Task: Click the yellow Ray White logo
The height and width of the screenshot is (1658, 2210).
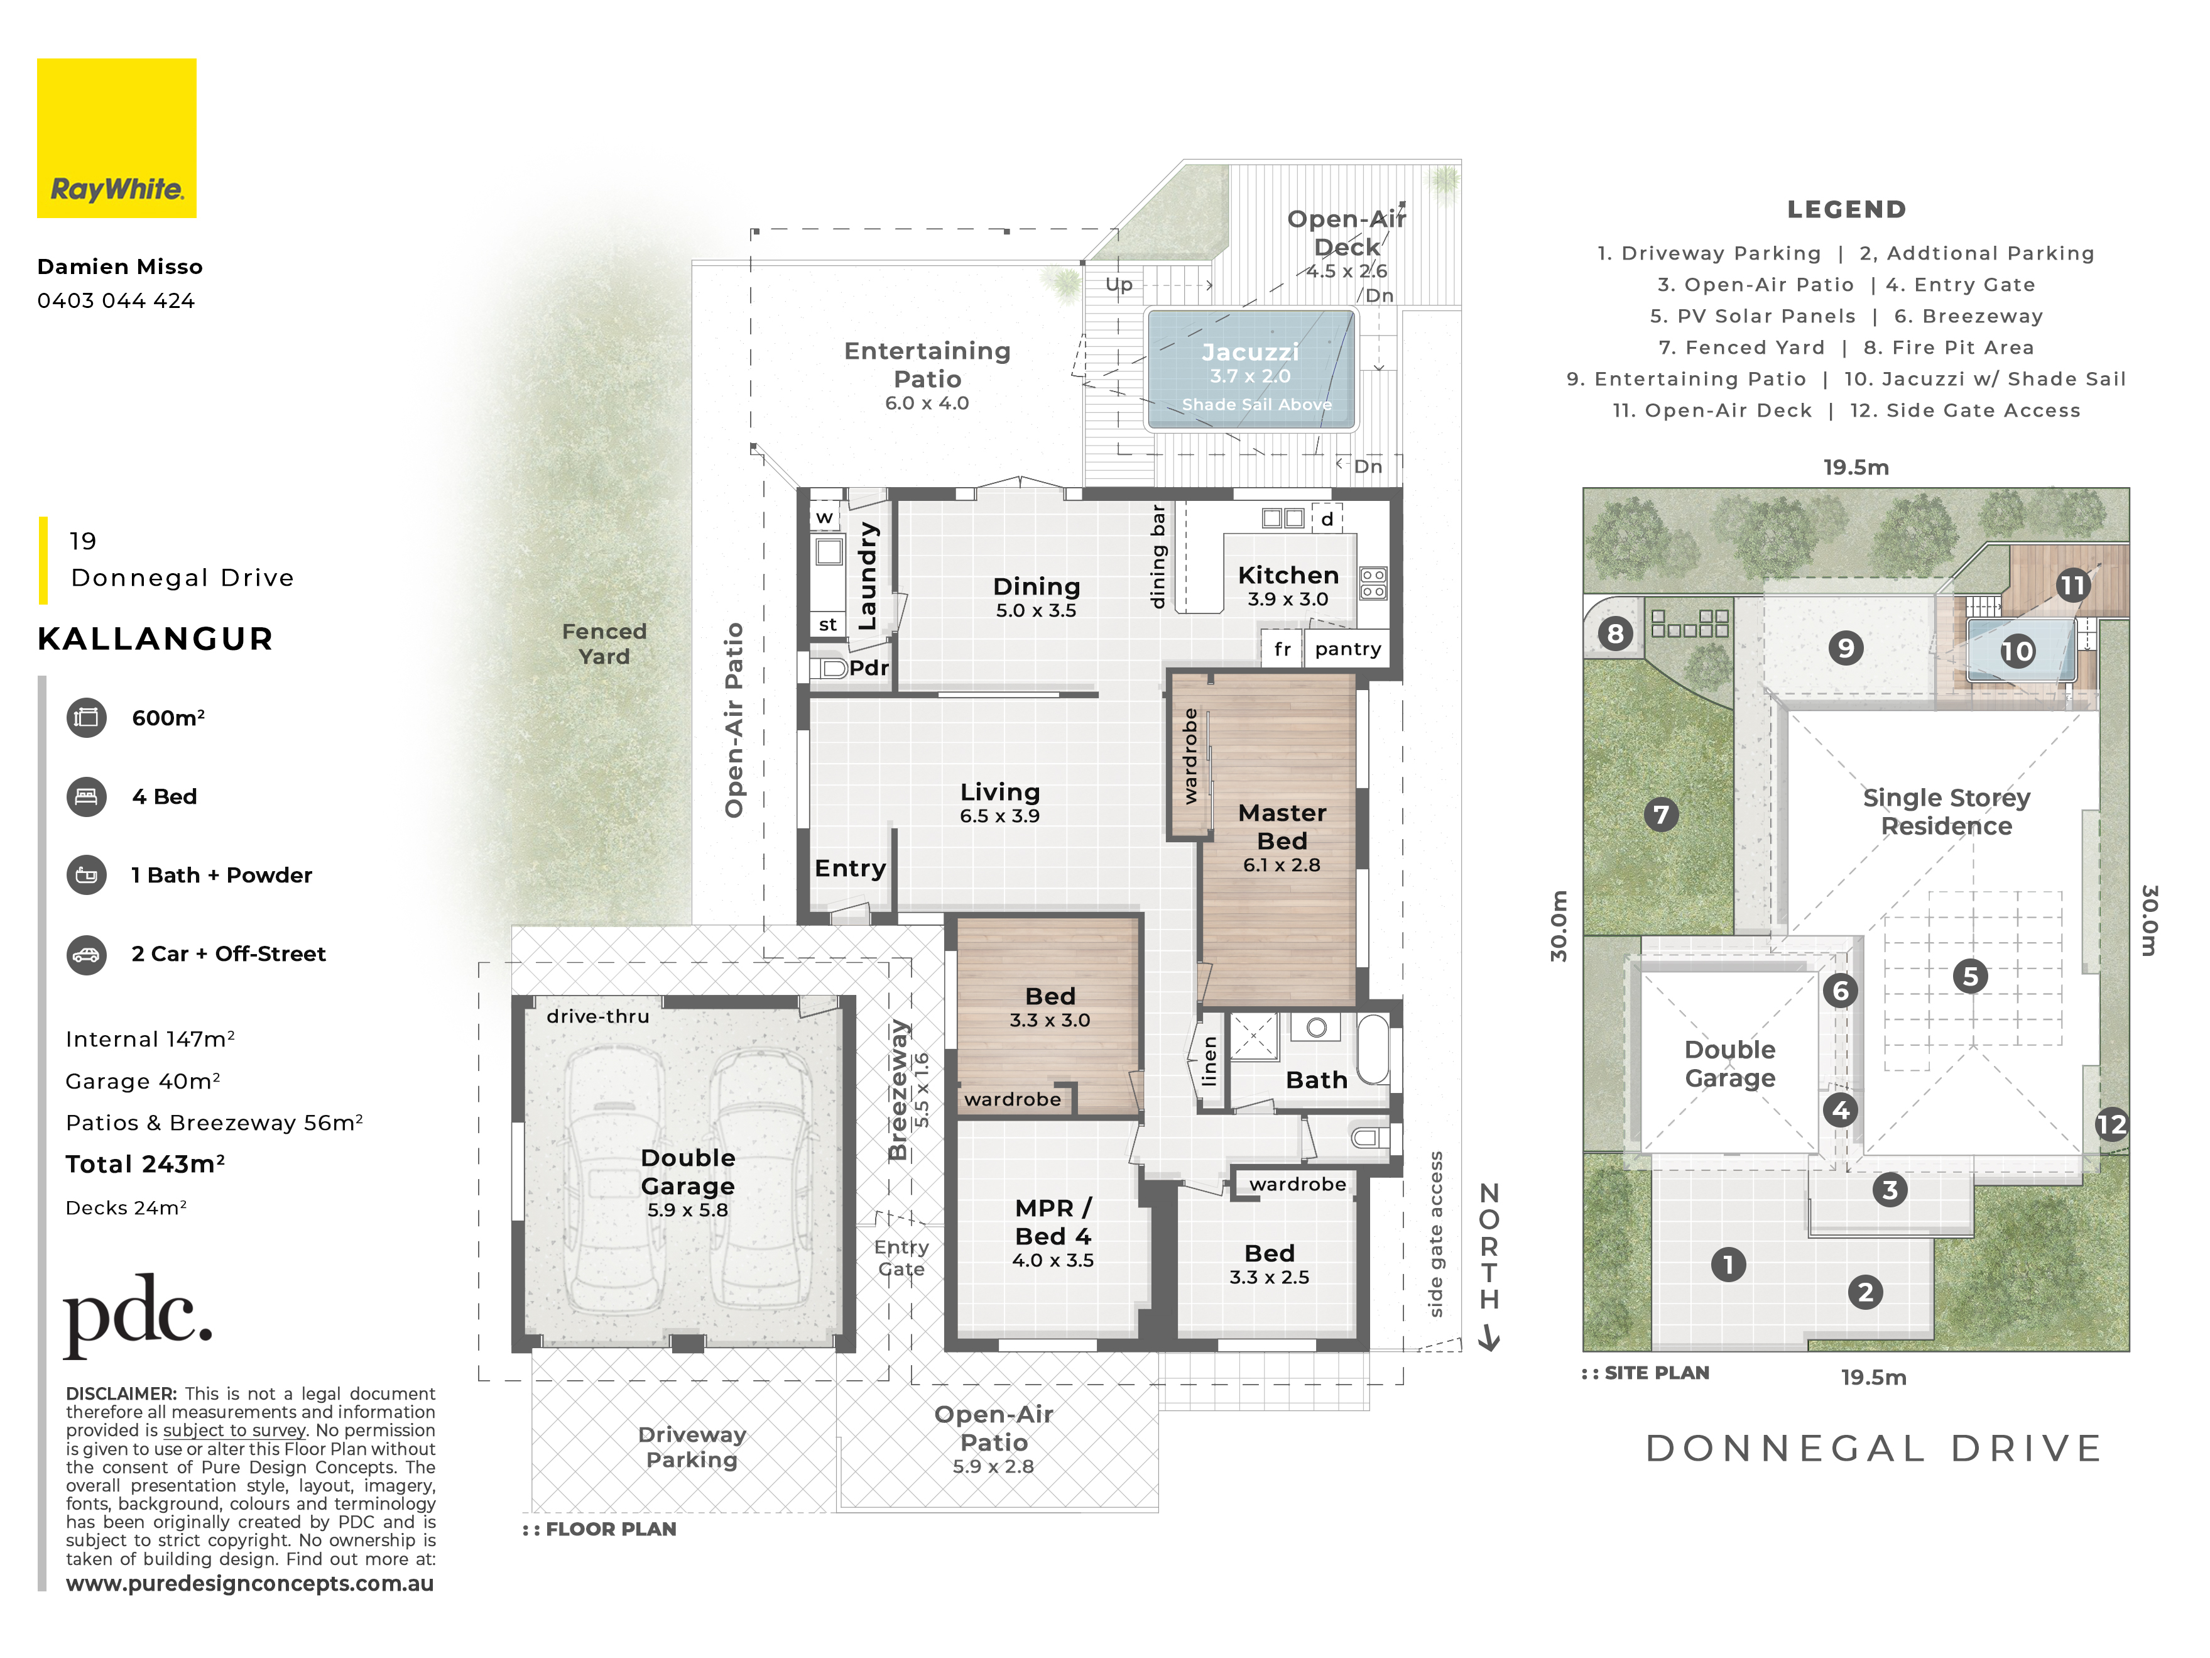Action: coord(117,138)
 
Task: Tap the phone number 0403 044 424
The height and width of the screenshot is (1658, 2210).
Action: coord(116,301)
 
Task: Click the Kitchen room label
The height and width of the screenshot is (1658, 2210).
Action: coord(1288,576)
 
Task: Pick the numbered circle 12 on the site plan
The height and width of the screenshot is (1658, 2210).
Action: coord(2111,1124)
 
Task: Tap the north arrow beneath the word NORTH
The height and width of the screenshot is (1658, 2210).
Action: coord(1489,1337)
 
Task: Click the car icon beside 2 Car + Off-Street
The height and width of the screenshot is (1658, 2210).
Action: coord(87,955)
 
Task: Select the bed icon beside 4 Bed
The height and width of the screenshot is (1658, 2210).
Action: coord(87,796)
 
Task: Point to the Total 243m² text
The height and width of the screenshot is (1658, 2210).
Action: coord(145,1164)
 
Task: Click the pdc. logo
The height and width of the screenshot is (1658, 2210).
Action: coord(138,1314)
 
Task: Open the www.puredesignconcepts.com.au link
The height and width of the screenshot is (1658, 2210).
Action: coord(250,1583)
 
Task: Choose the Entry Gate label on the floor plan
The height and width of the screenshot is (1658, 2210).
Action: coord(901,1258)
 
